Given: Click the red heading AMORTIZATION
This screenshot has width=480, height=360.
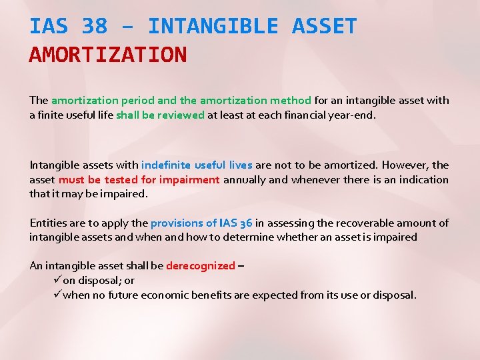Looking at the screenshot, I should [x=108, y=55].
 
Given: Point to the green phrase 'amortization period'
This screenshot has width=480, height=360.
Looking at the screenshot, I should [x=103, y=101].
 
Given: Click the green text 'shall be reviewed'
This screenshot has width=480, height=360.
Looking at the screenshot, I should [x=160, y=115].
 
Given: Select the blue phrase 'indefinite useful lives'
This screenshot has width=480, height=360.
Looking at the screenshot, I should [x=197, y=165].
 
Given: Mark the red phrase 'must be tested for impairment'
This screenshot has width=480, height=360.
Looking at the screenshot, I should [x=139, y=179].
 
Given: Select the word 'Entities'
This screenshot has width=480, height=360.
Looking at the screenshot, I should [x=48, y=223].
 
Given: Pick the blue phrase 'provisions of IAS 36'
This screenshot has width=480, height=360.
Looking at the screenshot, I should [x=201, y=223].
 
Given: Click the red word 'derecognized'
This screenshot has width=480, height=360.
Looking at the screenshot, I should [x=200, y=266].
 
